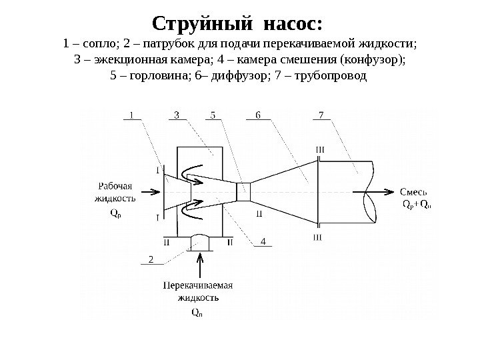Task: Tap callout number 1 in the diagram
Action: (131, 114)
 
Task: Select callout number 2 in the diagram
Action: (150, 258)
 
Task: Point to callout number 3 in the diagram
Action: (176, 114)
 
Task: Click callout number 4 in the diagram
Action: (263, 241)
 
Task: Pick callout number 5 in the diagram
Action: (213, 114)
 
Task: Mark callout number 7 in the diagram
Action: (321, 114)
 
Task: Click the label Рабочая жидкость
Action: (115, 192)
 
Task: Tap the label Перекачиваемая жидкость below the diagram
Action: (197, 291)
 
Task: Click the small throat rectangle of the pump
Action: (243, 191)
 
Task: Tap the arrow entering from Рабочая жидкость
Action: (152, 191)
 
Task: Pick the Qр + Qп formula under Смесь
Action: (418, 204)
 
